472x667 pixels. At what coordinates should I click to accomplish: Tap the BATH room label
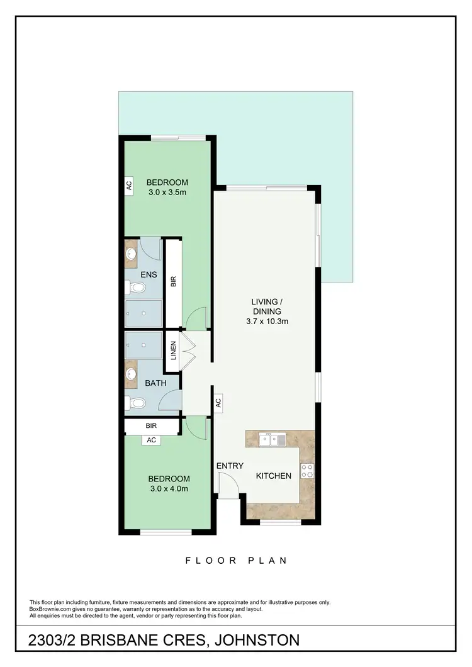coord(155,382)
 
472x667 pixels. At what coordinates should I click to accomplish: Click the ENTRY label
coord(230,466)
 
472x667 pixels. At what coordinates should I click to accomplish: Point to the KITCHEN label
coord(273,476)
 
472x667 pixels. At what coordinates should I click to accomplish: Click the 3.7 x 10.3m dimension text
coord(267,322)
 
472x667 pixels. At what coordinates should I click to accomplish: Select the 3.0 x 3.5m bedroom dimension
coord(167,193)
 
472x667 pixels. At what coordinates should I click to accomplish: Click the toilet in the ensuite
coord(137,288)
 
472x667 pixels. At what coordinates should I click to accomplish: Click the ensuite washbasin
coord(132,255)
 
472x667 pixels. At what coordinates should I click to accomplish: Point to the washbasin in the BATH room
coord(132,375)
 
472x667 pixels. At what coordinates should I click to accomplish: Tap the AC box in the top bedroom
coord(129,186)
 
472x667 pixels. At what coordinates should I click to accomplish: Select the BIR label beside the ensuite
coord(173,281)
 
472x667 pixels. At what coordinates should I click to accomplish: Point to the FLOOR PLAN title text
coord(236,560)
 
